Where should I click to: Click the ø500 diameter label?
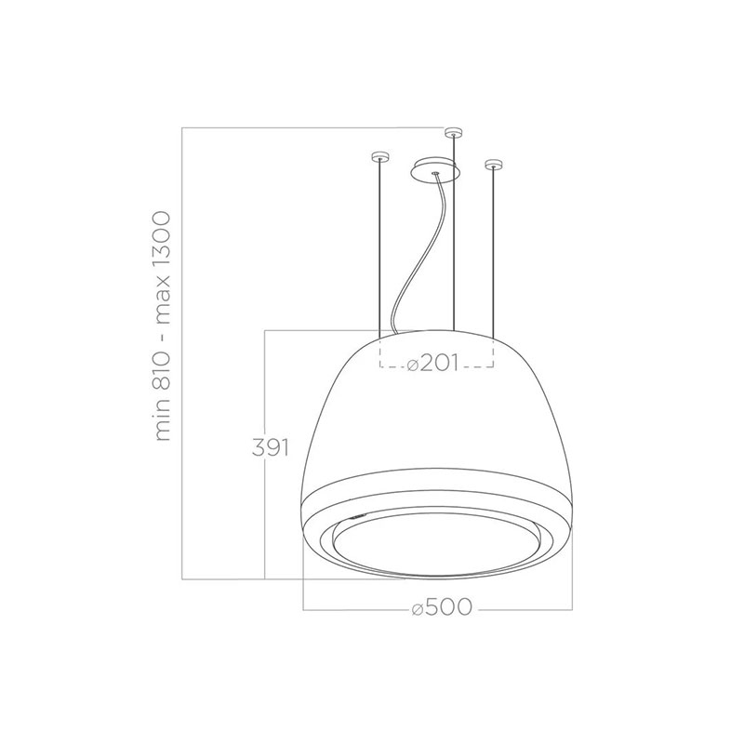click(x=442, y=607)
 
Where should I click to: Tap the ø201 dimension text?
click(x=433, y=364)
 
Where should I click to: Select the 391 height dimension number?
click(x=270, y=447)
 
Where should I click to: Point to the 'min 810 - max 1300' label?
click(x=162, y=326)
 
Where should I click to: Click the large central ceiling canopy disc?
click(x=435, y=169)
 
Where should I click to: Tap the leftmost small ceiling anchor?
click(x=379, y=155)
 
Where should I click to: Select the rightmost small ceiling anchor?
click(x=494, y=165)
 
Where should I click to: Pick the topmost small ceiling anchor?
click(x=454, y=132)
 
